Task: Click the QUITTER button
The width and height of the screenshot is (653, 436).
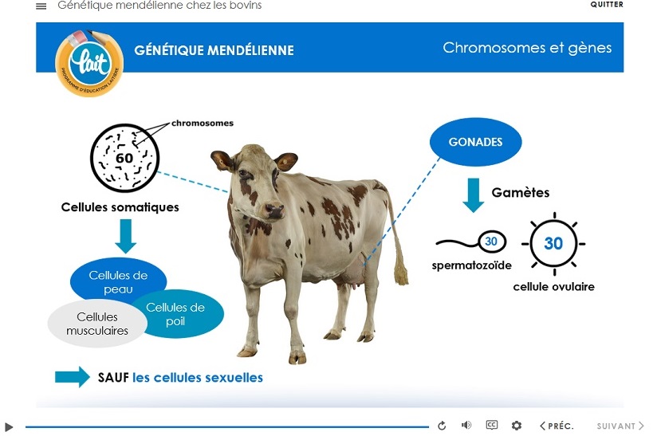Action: [x=607, y=5]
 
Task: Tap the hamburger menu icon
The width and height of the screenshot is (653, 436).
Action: [x=41, y=6]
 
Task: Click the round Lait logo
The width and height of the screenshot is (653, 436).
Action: [x=89, y=63]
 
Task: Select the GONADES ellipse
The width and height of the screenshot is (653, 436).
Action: [x=475, y=142]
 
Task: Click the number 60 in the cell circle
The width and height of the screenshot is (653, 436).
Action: [x=124, y=159]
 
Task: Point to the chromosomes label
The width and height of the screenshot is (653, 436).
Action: [x=203, y=124]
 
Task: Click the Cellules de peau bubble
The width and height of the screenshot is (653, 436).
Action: [x=118, y=280]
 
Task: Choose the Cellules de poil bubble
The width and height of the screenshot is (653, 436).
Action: [x=176, y=314]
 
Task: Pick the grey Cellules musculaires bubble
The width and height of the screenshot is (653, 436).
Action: [x=97, y=324]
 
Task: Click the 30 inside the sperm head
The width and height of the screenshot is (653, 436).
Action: [x=491, y=242]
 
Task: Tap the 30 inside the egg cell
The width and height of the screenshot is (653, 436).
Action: [x=553, y=244]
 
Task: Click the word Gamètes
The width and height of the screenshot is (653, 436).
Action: [x=520, y=192]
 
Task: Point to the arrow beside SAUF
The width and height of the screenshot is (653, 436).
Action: [x=72, y=377]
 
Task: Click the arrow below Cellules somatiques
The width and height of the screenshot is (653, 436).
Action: [x=125, y=236]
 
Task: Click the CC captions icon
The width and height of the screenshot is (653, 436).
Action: [x=492, y=425]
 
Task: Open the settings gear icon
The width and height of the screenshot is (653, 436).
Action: [x=517, y=425]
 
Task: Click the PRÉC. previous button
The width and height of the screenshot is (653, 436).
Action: [x=557, y=426]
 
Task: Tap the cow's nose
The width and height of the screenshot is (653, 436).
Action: [x=274, y=210]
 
